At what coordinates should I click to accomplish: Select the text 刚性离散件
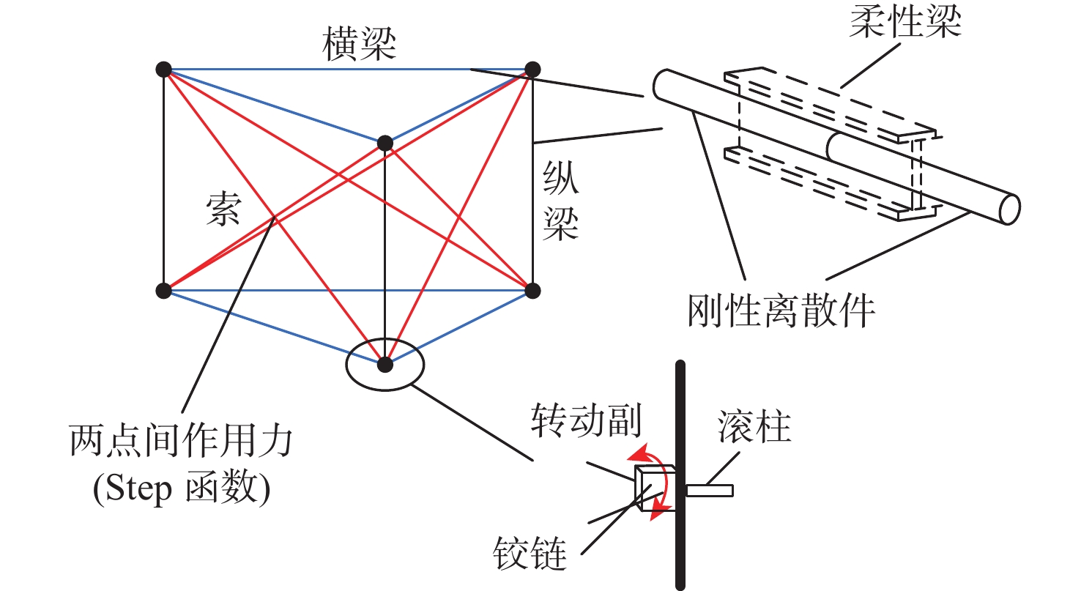pos(782,311)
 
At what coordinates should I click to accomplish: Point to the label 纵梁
pos(560,204)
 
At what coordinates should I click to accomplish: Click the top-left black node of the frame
pos(163,70)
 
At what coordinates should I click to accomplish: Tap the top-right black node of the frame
pos(533,70)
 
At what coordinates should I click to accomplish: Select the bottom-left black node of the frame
pos(163,291)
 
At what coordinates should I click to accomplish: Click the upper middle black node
pos(385,143)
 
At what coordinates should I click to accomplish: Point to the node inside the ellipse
pos(385,363)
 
